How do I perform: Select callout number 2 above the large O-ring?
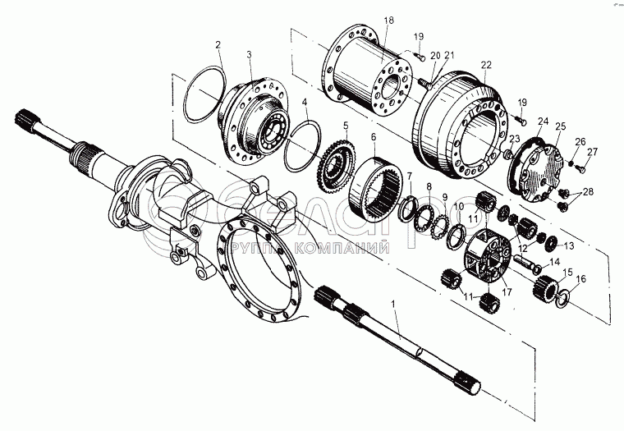[218, 44]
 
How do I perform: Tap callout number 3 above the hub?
[250, 53]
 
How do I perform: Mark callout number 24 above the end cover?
[541, 121]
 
